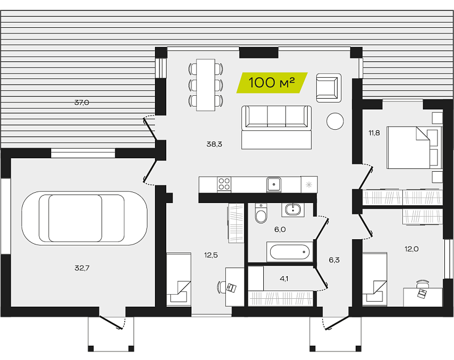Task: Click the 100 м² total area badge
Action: point(272,83)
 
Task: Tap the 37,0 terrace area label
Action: point(82,103)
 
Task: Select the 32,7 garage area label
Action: point(82,268)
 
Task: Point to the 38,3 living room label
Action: point(215,144)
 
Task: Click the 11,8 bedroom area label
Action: point(374,133)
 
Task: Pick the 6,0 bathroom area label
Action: point(280,230)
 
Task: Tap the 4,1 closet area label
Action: point(284,279)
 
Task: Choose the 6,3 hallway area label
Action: point(334,260)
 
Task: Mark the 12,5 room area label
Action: point(211,255)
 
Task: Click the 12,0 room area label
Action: point(411,249)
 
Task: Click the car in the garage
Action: point(84,218)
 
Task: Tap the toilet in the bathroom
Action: point(261,213)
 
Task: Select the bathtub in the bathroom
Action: point(289,252)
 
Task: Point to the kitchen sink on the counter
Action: point(274,184)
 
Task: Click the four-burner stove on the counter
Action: point(224,184)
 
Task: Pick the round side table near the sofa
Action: point(335,121)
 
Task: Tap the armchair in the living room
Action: point(329,88)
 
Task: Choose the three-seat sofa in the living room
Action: point(276,127)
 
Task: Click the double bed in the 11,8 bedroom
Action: point(415,147)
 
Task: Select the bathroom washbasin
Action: point(293,209)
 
